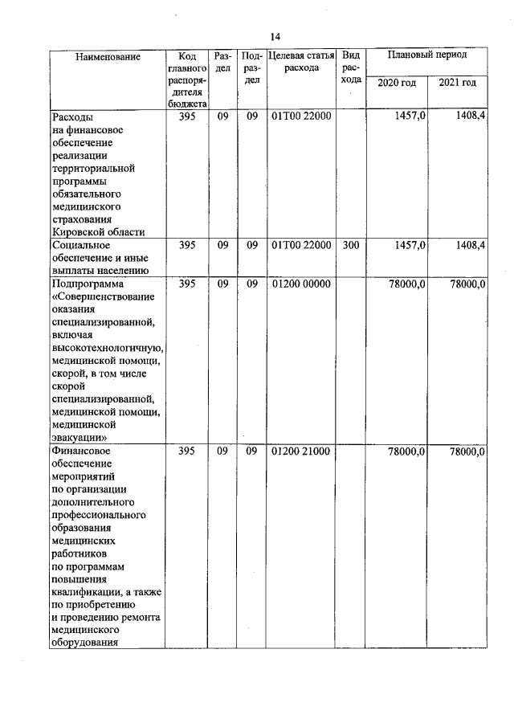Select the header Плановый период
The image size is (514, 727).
[426, 55]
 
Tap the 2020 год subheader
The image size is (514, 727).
[397, 83]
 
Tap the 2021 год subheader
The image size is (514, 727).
[457, 83]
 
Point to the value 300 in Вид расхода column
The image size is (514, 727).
[351, 245]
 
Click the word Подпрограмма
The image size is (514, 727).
[88, 284]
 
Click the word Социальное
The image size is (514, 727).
[80, 245]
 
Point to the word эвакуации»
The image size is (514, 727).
[80, 438]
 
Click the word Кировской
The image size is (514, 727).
[76, 232]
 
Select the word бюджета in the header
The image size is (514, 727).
[188, 104]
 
